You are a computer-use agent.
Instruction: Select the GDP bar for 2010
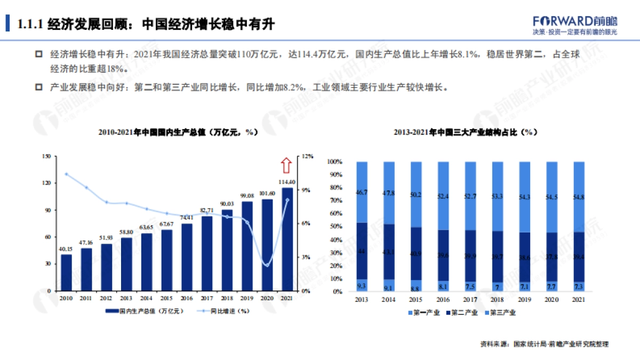pyautogui.click(x=66, y=272)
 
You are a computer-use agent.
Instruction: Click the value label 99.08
pyautogui.click(x=247, y=196)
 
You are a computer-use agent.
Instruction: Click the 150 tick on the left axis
pyautogui.click(x=46, y=156)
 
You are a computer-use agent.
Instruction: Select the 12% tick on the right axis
pyautogui.click(x=308, y=156)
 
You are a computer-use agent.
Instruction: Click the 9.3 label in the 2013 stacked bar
pyautogui.click(x=361, y=284)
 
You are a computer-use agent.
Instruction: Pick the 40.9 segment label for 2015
pyautogui.click(x=415, y=253)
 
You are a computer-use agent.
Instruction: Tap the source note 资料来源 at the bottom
pyautogui.click(x=544, y=344)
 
